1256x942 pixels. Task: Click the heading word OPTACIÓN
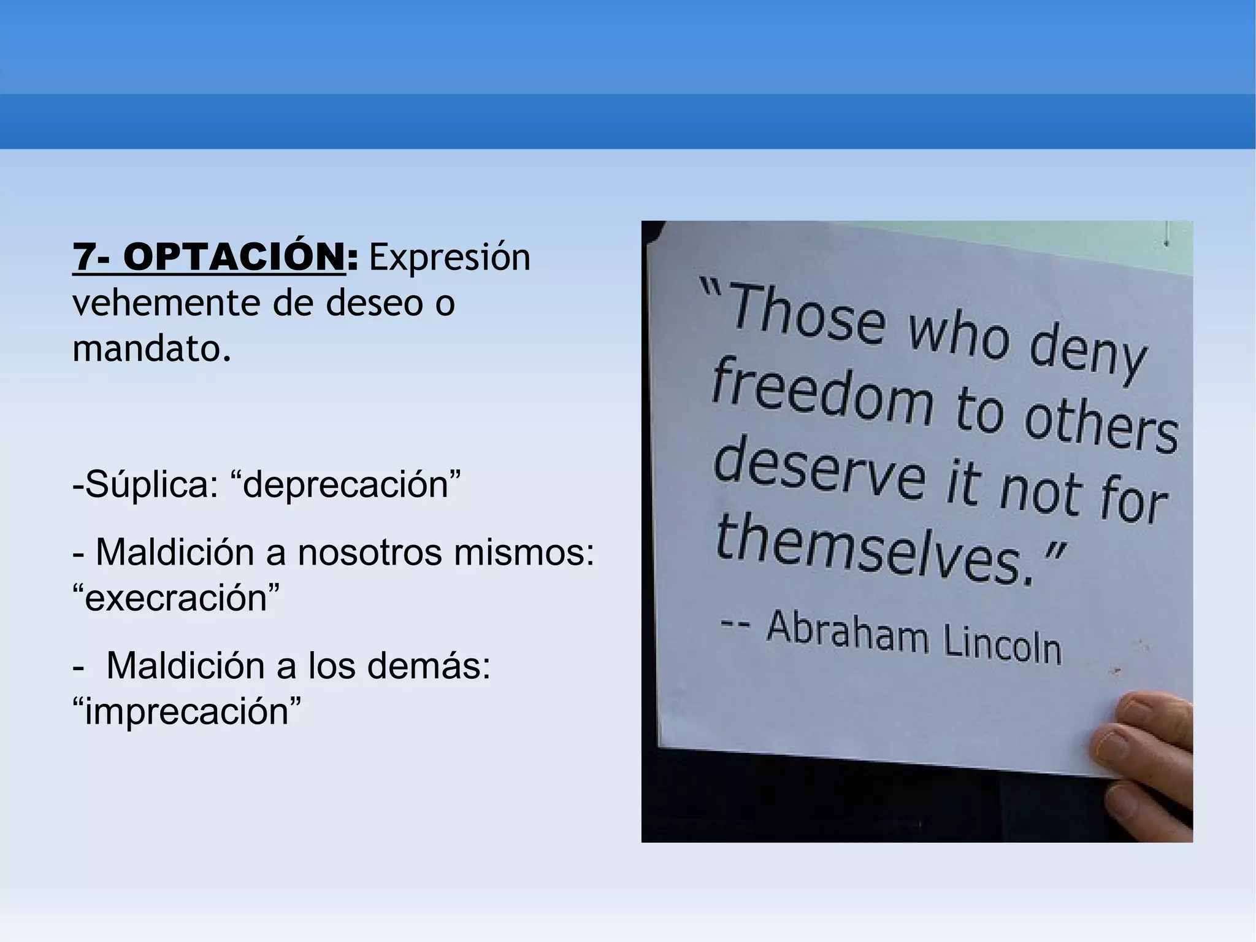pos(234,257)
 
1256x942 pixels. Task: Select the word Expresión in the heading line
pos(450,258)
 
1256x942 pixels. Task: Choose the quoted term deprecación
pos(346,485)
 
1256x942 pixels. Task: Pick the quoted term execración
pos(176,598)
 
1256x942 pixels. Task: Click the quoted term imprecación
pos(187,711)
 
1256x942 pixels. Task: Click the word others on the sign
pos(1101,423)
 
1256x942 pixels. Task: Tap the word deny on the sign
pos(1086,356)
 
